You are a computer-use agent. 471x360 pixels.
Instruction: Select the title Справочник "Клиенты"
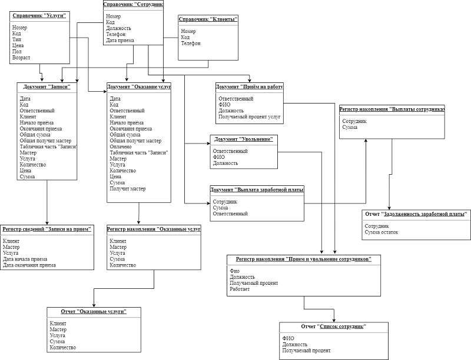[x=208, y=19]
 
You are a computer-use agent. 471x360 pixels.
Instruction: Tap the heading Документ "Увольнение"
[x=243, y=139]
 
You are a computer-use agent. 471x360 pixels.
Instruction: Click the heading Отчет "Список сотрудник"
[x=333, y=326]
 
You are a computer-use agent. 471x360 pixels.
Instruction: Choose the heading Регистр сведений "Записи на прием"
[x=47, y=229]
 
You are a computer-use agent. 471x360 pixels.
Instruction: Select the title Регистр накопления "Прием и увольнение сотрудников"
[x=304, y=259]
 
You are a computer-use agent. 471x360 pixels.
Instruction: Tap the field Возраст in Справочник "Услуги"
[x=21, y=58]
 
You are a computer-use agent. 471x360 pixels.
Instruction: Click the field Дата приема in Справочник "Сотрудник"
[x=120, y=41]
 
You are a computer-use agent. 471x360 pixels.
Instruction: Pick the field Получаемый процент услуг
[x=250, y=116]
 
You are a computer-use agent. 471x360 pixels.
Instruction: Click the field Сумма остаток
[x=382, y=232]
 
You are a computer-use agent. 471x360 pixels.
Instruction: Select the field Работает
[x=240, y=290]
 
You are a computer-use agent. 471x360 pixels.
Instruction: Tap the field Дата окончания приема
[x=29, y=265]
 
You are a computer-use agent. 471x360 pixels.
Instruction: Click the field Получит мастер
[x=127, y=189]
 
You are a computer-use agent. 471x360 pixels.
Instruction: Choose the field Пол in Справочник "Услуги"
[x=16, y=51]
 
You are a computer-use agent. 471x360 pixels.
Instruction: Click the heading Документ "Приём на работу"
[x=250, y=86]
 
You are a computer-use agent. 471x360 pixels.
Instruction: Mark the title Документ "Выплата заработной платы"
[x=257, y=189]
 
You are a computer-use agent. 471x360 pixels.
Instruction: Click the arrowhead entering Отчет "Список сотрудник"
[x=334, y=319]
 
